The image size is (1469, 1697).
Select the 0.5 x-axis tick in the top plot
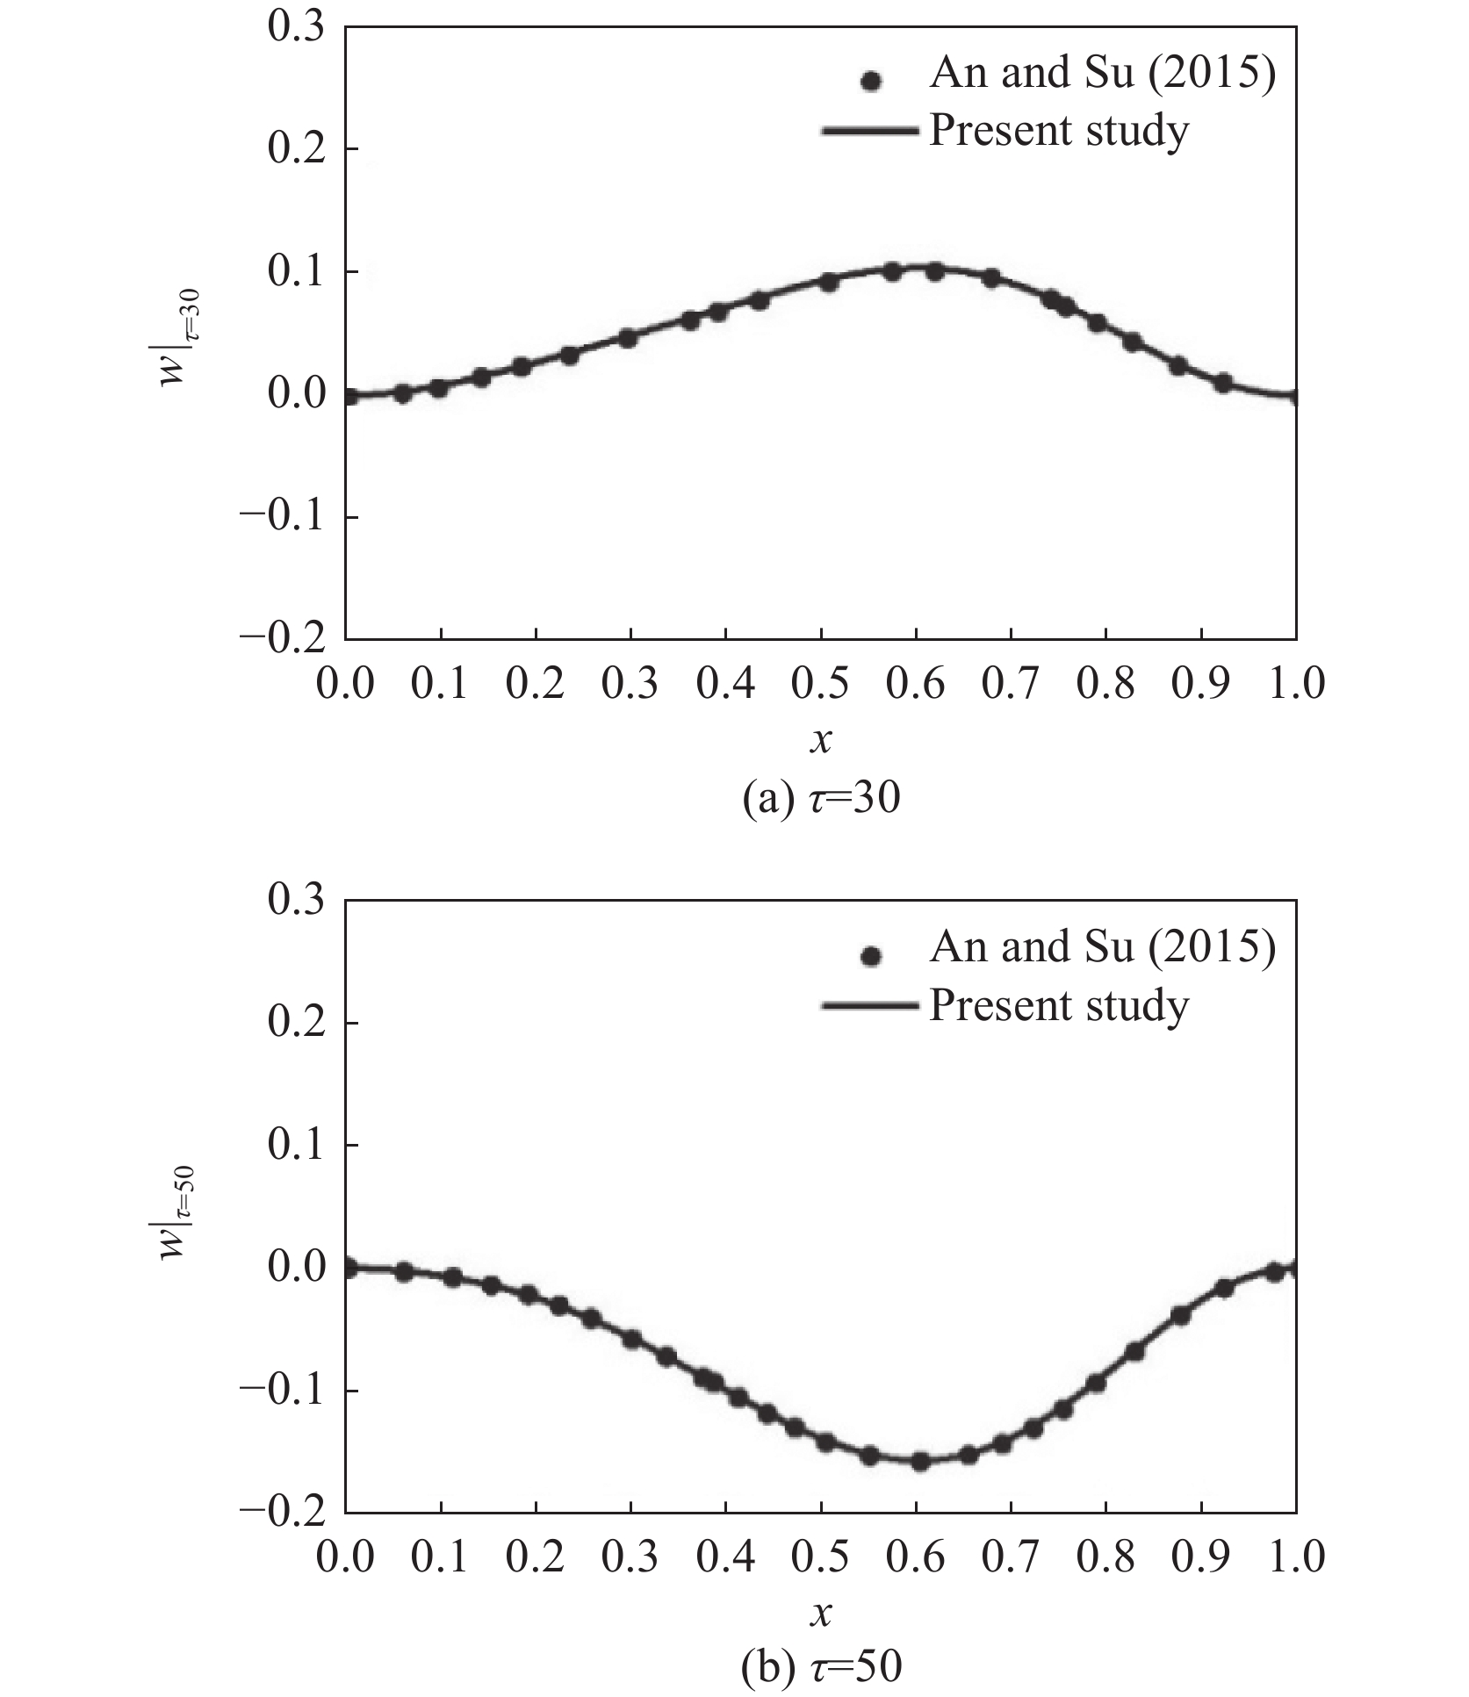coord(821,684)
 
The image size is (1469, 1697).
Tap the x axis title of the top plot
coord(821,742)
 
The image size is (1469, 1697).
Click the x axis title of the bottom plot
coord(821,1614)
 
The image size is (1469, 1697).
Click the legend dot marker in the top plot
coord(870,81)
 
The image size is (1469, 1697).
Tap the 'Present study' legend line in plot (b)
coord(870,1006)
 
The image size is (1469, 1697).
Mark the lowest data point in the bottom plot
coord(919,1462)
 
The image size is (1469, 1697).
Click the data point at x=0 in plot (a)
coord(348,396)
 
